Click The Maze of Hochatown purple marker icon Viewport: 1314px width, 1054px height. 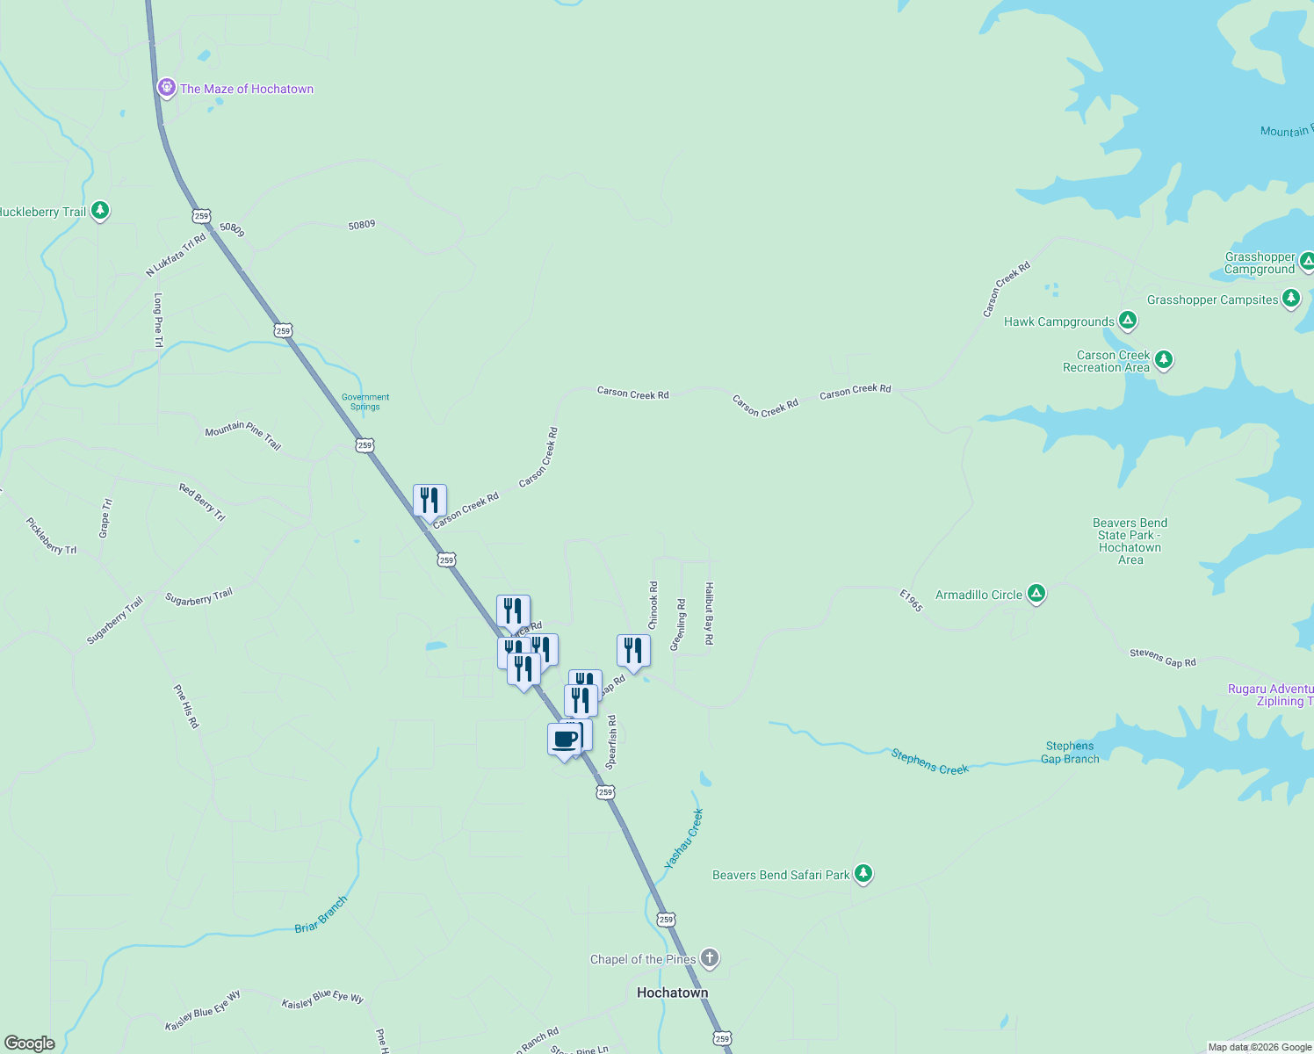166,88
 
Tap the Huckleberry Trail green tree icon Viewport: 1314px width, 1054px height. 100,211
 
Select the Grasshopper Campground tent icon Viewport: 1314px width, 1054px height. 1306,261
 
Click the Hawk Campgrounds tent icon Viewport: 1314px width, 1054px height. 1128,321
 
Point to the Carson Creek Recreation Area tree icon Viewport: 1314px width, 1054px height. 1164,360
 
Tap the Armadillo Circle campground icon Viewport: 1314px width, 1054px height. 1036,595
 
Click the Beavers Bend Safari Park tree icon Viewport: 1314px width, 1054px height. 863,874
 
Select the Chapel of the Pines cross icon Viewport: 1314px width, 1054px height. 710,958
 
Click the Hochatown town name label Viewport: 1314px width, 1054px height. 672,993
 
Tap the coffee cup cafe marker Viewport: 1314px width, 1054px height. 565,740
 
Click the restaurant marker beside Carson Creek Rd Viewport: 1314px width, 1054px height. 430,501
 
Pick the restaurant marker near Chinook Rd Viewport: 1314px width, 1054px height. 633,651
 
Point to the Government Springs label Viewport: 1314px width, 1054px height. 365,401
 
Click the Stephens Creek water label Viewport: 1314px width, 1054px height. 929,762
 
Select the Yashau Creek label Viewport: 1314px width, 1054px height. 684,839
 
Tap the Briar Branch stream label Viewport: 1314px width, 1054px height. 321,914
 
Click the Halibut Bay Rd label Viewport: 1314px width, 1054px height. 709,613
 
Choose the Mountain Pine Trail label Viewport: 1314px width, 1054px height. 242,436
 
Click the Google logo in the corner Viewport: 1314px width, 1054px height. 30,1043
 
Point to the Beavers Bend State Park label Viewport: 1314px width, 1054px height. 1130,541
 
